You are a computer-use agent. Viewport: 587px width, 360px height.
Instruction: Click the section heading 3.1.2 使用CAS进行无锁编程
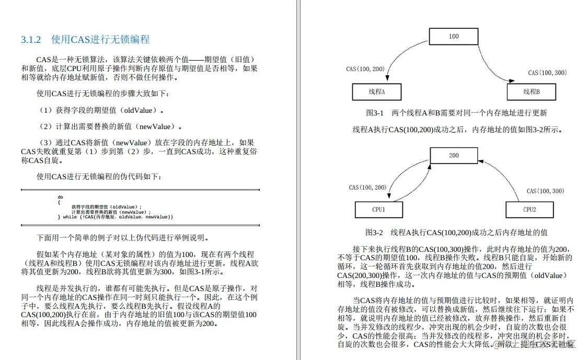[85, 40]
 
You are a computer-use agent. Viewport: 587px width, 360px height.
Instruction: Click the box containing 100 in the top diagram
[453, 36]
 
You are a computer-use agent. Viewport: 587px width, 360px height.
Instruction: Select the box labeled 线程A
[376, 92]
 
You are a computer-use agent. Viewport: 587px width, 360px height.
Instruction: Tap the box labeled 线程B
[531, 92]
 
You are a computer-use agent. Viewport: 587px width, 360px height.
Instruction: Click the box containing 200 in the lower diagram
[453, 155]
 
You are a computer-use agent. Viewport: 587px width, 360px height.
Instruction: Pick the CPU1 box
[378, 210]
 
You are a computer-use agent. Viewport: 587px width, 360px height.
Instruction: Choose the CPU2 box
[530, 210]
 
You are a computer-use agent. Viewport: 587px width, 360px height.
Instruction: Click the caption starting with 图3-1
[456, 113]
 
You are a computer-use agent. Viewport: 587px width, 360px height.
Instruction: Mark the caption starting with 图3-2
[456, 232]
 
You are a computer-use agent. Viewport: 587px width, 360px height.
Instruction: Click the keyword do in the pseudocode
[61, 197]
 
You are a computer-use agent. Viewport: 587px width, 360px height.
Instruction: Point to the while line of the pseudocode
[118, 217]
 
